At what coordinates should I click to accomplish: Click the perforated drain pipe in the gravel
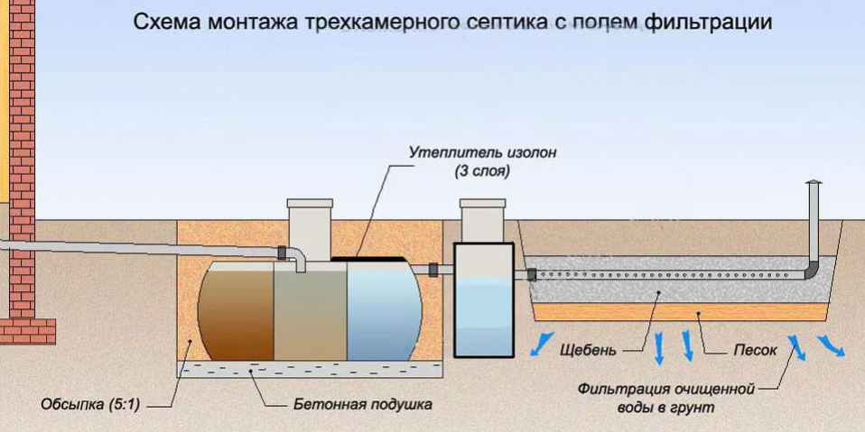click(x=668, y=271)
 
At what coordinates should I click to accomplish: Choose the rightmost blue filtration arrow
click(x=832, y=346)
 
